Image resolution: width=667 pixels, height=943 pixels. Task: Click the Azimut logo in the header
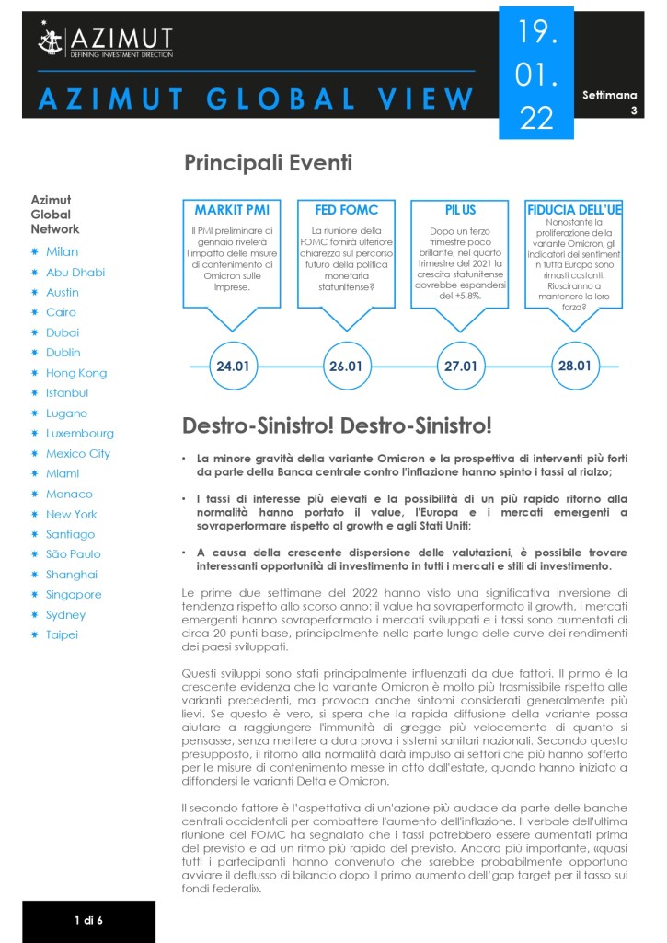(x=105, y=41)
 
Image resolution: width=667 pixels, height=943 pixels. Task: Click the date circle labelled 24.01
(x=233, y=366)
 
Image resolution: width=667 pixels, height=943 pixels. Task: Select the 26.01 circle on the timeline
(x=347, y=366)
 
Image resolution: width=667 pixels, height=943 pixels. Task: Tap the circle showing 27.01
(x=460, y=366)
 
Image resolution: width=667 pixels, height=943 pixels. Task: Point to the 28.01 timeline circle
(x=574, y=366)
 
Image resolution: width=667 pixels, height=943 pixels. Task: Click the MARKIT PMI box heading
(x=232, y=210)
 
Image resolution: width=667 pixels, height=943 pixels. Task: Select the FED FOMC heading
(x=347, y=210)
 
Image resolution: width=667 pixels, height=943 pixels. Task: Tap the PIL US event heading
(x=460, y=210)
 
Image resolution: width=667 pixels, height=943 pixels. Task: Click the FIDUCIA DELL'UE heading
(x=574, y=211)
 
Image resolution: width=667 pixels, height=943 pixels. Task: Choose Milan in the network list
(x=62, y=251)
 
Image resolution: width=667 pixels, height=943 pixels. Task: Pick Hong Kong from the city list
(x=75, y=373)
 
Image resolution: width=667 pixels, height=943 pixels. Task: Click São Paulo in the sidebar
(x=73, y=554)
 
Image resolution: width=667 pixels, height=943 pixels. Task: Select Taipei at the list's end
(x=62, y=634)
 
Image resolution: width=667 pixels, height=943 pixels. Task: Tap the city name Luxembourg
(x=80, y=433)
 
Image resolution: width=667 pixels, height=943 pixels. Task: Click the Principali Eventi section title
(x=268, y=164)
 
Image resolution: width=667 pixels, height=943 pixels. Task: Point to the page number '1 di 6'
(x=89, y=920)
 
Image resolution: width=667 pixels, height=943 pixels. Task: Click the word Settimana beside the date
(x=609, y=95)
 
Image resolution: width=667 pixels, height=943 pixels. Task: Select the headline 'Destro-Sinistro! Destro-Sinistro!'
(x=337, y=425)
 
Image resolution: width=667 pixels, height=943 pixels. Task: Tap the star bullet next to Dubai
(x=34, y=332)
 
